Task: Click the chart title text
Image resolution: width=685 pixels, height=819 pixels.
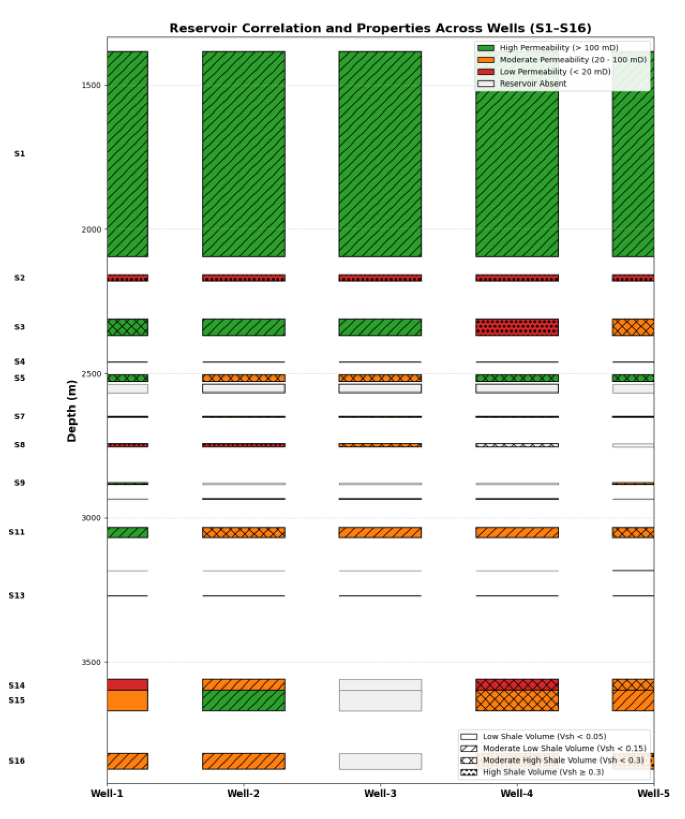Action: click(x=380, y=29)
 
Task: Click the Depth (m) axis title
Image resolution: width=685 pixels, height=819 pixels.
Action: click(x=72, y=410)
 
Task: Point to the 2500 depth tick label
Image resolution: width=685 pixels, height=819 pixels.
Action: click(x=91, y=374)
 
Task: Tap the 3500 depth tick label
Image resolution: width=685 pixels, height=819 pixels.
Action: click(x=91, y=662)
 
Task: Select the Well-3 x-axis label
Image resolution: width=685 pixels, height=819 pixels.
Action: click(x=380, y=794)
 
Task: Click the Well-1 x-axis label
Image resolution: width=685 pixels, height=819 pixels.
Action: click(x=107, y=794)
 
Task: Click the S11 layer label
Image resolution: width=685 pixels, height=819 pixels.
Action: click(x=17, y=532)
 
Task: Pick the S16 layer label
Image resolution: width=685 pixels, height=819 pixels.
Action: click(x=17, y=761)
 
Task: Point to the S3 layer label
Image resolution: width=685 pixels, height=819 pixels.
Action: click(x=20, y=327)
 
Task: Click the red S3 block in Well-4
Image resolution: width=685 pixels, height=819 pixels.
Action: click(x=517, y=327)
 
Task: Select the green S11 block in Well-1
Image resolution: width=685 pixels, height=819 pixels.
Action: click(x=127, y=532)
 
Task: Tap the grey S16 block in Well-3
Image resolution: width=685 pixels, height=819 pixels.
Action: click(x=380, y=761)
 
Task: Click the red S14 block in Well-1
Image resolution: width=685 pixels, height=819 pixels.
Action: click(x=127, y=684)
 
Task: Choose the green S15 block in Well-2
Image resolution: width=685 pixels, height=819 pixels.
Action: click(x=243, y=700)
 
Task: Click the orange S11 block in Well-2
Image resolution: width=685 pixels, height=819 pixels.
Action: click(x=243, y=532)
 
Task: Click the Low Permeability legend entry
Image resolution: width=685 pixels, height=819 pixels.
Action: click(x=555, y=72)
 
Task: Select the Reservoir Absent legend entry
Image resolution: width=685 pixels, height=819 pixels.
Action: click(x=533, y=84)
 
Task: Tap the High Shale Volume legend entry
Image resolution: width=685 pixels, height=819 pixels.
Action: click(x=543, y=772)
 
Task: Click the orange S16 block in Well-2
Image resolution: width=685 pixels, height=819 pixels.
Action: click(x=243, y=761)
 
